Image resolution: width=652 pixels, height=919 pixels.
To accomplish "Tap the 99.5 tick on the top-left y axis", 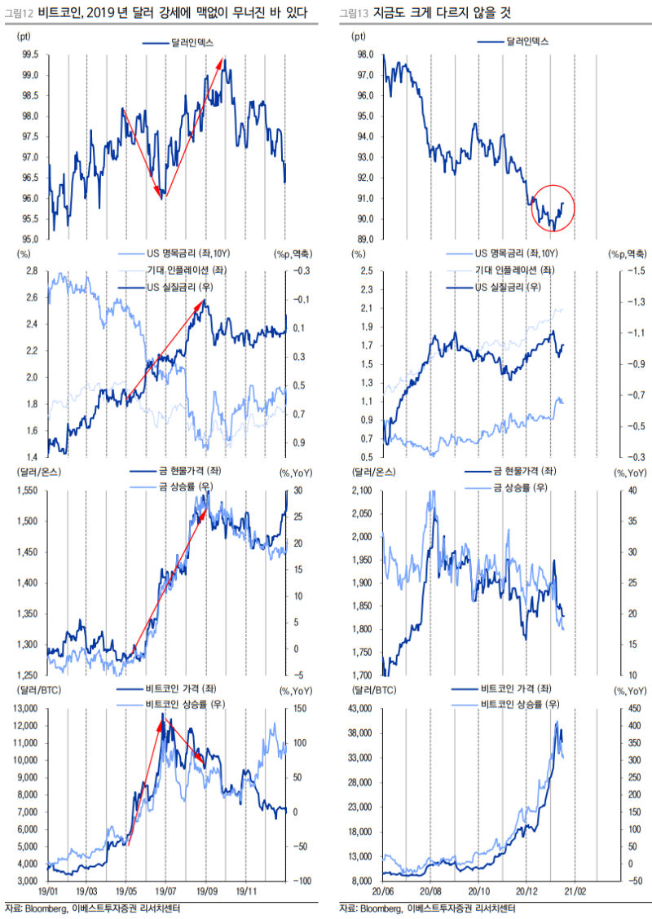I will [x=29, y=55].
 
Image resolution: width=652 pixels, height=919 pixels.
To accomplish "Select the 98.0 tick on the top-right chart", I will [x=364, y=55].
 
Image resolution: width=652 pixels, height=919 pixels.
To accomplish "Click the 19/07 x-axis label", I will [x=166, y=892].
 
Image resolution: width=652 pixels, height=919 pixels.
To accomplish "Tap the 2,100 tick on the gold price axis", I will [x=361, y=490].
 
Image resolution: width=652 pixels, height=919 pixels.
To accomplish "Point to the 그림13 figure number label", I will [x=352, y=14].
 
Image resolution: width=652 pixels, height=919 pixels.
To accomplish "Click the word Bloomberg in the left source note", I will [x=46, y=908].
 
